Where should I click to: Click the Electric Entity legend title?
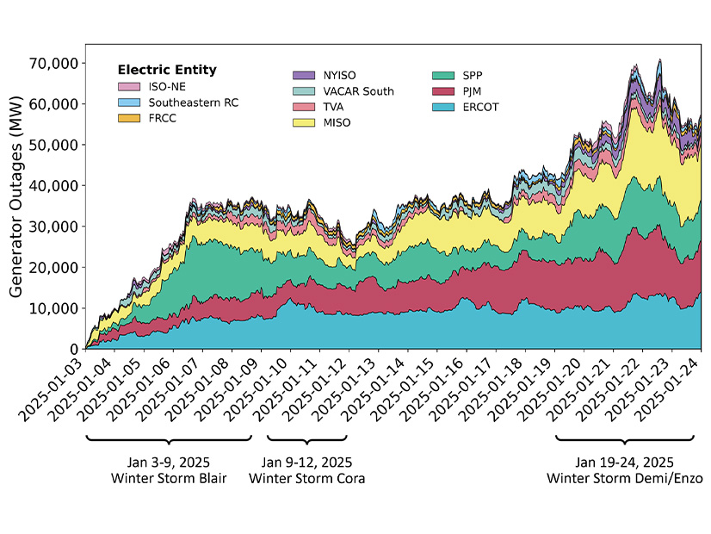167,70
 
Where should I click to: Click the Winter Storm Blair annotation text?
169,478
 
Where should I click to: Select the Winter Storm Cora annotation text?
306,478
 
